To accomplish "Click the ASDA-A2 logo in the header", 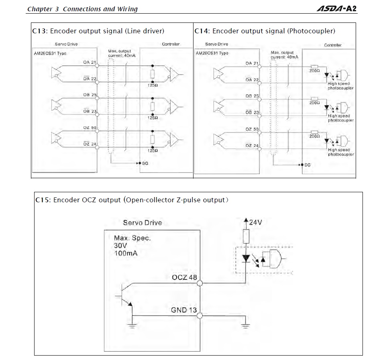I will [337, 8].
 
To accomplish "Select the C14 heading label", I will [201, 31].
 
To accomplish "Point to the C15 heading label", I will [42, 200].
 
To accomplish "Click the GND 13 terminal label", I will [184, 310].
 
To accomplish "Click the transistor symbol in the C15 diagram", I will [126, 297].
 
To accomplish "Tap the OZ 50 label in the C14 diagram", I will [252, 129].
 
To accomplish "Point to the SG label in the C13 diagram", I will [145, 163].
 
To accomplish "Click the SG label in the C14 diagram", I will [308, 165].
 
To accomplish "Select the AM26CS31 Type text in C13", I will [51, 53].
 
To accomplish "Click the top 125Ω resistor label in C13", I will [153, 85].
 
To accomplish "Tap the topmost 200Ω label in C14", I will [314, 70].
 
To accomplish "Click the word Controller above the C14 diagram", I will [333, 45].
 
